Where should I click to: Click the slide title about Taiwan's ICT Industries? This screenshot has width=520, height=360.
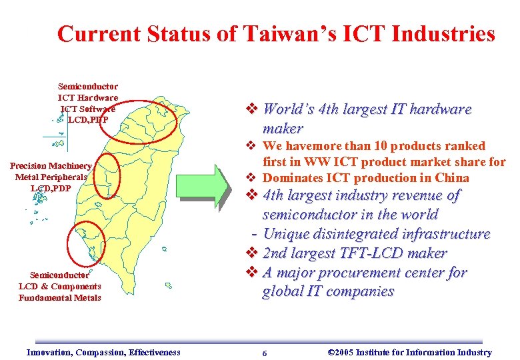[276, 34]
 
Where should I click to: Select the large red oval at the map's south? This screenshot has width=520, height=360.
[87, 243]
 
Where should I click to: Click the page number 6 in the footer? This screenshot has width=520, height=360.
[265, 353]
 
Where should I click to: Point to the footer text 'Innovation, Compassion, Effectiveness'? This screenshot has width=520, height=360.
[103, 352]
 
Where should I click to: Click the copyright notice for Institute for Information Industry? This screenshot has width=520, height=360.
[411, 352]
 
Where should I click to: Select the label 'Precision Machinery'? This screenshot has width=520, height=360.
[51, 166]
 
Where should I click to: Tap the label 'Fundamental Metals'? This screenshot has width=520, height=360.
[60, 297]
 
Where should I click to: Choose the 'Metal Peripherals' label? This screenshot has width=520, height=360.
[51, 177]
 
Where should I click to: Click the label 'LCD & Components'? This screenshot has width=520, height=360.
[60, 287]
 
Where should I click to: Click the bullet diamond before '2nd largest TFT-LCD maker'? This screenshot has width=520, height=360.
[251, 253]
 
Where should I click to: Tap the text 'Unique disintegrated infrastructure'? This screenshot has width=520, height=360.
[377, 234]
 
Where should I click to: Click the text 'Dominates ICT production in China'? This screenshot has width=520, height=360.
[366, 178]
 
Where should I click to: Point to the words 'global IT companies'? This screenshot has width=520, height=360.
[328, 291]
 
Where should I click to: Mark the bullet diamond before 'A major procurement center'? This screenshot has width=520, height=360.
[251, 273]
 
